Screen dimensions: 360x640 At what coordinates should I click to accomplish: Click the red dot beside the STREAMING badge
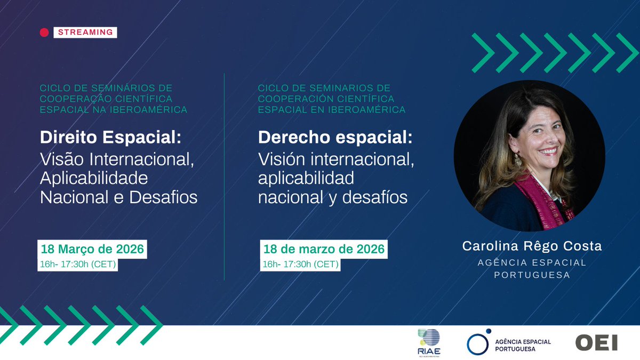[x=44, y=33]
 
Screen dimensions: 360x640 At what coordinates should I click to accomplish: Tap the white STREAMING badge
[x=85, y=32]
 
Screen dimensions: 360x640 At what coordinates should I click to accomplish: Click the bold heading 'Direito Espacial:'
[x=111, y=137]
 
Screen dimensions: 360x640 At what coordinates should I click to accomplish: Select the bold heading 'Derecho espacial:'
[x=335, y=137]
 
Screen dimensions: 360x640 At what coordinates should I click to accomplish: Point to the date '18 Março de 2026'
[x=92, y=249]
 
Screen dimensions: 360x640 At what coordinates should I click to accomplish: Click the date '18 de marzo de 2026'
[x=323, y=249]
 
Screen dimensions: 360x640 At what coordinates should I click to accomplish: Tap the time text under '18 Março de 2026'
[x=78, y=263]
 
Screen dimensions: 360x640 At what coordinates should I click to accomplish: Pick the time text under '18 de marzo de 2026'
[x=301, y=264]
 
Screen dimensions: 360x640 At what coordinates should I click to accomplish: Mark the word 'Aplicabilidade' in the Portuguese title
[x=94, y=178]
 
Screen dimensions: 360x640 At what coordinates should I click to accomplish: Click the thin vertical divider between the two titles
[x=224, y=176]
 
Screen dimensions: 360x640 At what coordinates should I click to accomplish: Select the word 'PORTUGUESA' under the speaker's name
[x=532, y=275]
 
